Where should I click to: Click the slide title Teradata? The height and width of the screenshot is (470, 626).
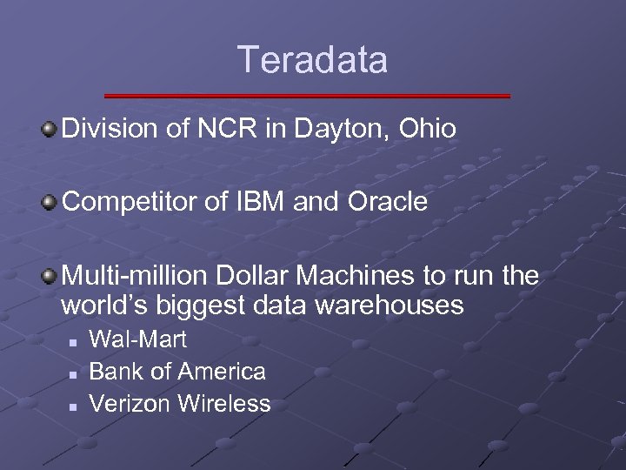click(313, 60)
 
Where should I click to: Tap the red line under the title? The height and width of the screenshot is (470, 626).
click(307, 96)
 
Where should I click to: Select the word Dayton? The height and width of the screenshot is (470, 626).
click(336, 131)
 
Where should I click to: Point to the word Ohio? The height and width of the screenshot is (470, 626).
click(427, 130)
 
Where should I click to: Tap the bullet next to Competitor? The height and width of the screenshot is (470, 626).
click(50, 203)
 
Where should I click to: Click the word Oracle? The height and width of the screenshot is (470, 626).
click(389, 203)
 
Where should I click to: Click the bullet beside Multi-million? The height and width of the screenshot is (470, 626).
click(50, 277)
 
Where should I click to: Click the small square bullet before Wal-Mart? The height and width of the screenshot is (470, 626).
click(75, 341)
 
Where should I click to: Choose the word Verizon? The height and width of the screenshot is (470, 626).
click(130, 404)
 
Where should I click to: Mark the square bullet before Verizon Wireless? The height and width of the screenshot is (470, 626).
click(75, 406)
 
